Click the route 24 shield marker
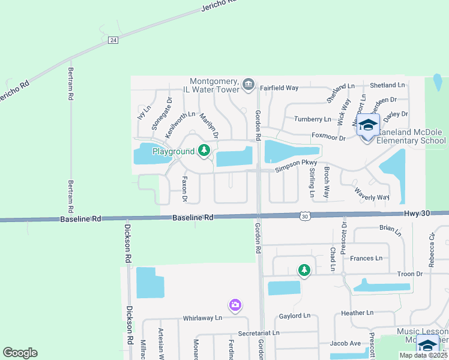click(x=113, y=40)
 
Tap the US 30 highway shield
click(x=306, y=215)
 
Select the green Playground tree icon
click(x=205, y=150)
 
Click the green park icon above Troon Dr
click(x=304, y=270)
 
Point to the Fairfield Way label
click(x=279, y=88)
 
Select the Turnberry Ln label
click(x=312, y=119)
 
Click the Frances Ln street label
click(x=366, y=259)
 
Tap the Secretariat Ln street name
click(x=259, y=332)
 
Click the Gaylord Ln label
click(x=295, y=316)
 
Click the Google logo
click(x=20, y=353)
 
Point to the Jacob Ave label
click(x=345, y=343)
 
